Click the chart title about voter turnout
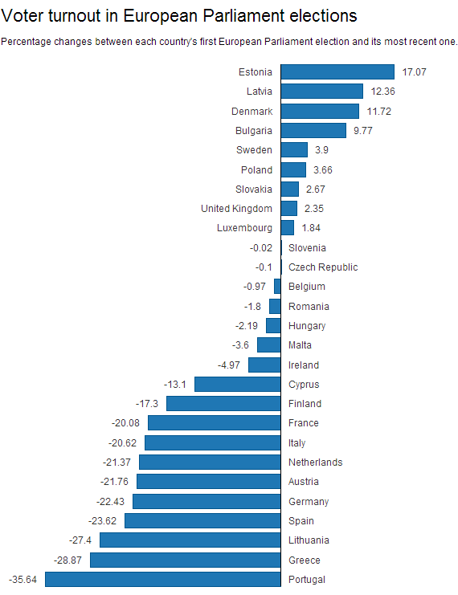pyautogui.click(x=179, y=15)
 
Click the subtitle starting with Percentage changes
pyautogui.click(x=229, y=42)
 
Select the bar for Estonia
pyautogui.click(x=337, y=72)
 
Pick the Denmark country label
pyautogui.click(x=251, y=111)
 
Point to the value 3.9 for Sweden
pyautogui.click(x=321, y=150)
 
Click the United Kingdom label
pyautogui.click(x=236, y=209)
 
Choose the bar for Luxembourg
pyautogui.click(x=288, y=228)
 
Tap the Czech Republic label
pyautogui.click(x=323, y=267)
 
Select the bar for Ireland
pyautogui.click(x=264, y=365)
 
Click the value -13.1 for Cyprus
pyautogui.click(x=175, y=385)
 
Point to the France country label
pyautogui.click(x=304, y=423)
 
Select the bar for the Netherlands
pyautogui.click(x=210, y=463)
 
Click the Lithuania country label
pyautogui.click(x=309, y=540)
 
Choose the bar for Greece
pyautogui.click(x=186, y=560)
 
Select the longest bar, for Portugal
pyautogui.click(x=163, y=580)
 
